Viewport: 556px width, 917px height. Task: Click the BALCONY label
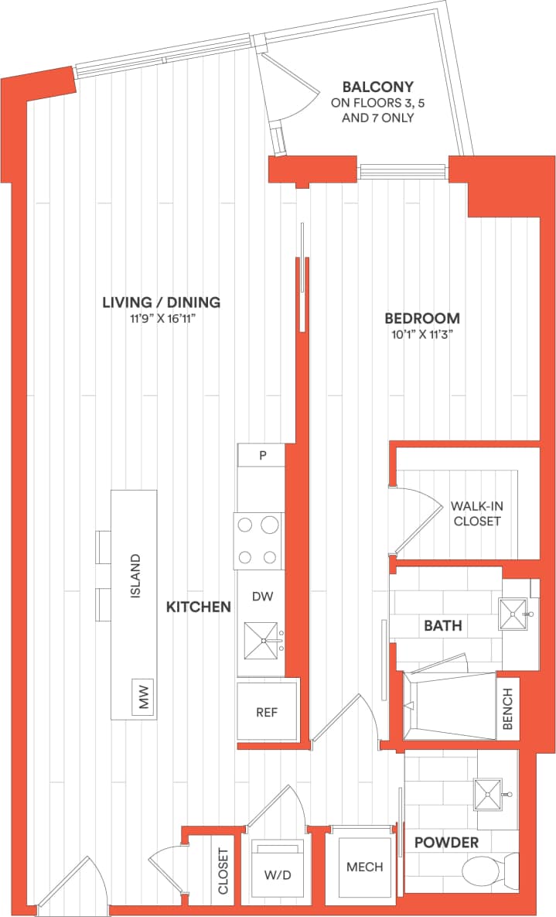[x=378, y=87]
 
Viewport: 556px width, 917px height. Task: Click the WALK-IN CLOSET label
[x=477, y=514]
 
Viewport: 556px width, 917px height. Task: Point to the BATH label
[x=442, y=625]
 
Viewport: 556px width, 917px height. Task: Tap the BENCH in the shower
[x=508, y=709]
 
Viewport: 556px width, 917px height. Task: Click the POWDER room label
[x=445, y=842]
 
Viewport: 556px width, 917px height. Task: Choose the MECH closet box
[x=365, y=867]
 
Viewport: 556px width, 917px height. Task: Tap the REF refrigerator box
[x=267, y=711]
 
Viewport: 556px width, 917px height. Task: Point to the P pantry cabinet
[x=261, y=455]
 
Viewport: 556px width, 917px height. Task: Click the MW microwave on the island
[x=142, y=700]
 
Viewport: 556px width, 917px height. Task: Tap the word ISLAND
[x=135, y=577]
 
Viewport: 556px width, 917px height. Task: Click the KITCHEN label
[x=199, y=607]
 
